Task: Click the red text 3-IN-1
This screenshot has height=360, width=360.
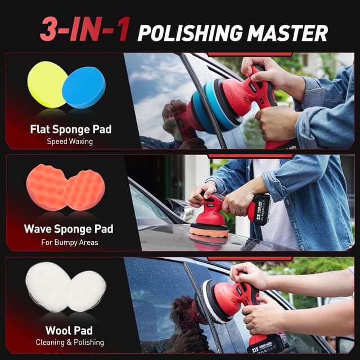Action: click(85, 29)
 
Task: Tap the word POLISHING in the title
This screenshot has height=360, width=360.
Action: click(190, 33)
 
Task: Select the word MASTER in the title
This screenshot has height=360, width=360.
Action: click(287, 33)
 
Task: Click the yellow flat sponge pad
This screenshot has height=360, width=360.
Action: click(47, 84)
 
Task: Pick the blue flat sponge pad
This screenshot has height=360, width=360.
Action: click(84, 87)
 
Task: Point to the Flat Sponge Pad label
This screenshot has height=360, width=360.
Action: click(71, 129)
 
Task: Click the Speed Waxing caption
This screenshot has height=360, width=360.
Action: click(70, 141)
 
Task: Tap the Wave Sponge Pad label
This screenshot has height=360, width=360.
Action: click(69, 229)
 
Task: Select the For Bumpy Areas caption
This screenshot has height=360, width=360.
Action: click(70, 242)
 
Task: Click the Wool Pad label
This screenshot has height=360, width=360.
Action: click(69, 331)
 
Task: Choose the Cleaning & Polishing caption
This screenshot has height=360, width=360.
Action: click(70, 343)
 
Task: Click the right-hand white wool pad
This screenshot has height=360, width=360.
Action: click(87, 291)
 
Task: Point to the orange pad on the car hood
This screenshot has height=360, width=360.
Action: click(209, 231)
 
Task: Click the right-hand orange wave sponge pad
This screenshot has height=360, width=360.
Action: click(84, 190)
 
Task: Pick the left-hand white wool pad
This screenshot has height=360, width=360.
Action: click(48, 287)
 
